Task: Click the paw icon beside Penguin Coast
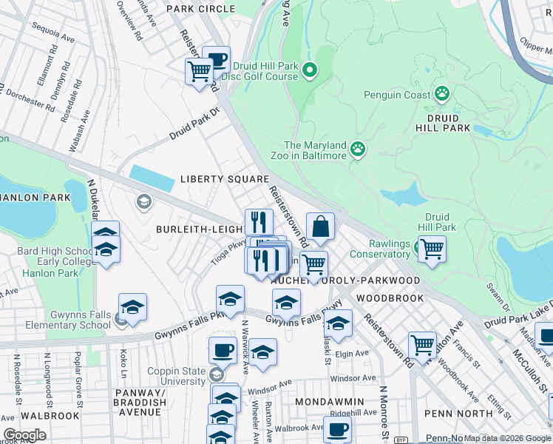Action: [442, 94]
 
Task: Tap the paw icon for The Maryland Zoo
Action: [358, 149]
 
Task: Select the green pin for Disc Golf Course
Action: [310, 71]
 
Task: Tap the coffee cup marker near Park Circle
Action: [216, 59]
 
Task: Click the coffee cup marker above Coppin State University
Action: [222, 349]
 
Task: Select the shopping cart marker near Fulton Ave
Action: [422, 343]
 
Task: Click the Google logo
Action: [24, 435]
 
